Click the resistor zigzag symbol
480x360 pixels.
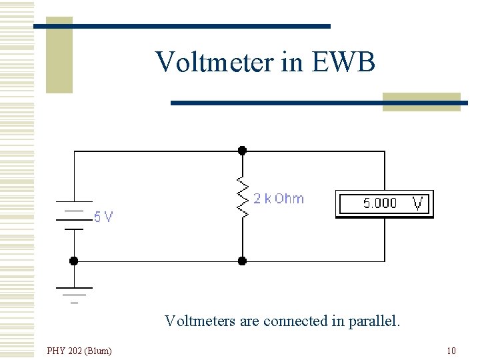coord(242,198)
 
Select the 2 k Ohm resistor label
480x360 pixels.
coord(278,199)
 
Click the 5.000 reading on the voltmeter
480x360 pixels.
coord(379,203)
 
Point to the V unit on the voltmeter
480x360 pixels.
coord(419,203)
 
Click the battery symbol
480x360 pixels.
coord(74,215)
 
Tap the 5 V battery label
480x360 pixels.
coord(103,217)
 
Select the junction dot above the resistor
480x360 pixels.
coord(242,151)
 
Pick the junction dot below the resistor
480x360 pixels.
coord(242,261)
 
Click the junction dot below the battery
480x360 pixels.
coord(74,261)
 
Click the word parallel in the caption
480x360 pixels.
coord(375,321)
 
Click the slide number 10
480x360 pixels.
coord(451,351)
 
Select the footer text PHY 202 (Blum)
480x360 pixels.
coord(79,351)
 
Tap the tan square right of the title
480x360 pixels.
coord(421,102)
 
